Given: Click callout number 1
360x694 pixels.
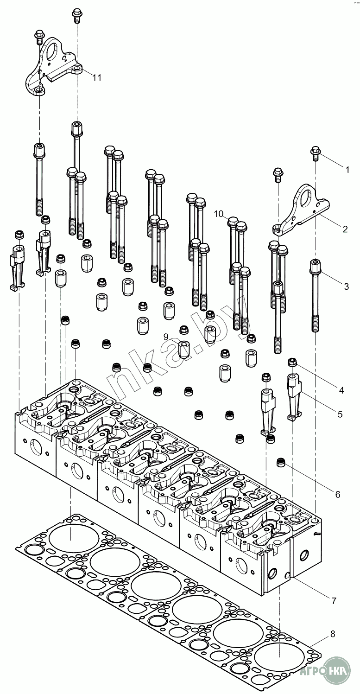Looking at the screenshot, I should click(347, 170).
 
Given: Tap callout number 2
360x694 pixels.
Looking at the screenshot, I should click(345, 229).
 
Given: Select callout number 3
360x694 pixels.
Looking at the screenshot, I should click(346, 286).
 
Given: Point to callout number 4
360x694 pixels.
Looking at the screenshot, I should click(341, 390).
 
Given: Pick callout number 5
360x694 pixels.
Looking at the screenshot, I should click(340, 414).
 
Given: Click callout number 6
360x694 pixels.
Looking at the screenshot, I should click(337, 494).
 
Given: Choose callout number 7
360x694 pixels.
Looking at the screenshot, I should click(334, 601).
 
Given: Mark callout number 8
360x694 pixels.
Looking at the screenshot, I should click(333, 634).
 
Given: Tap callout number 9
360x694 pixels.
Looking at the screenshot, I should click(166, 336).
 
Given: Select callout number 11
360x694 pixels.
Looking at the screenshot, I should click(96, 77).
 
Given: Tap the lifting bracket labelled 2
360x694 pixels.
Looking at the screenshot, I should click(300, 208).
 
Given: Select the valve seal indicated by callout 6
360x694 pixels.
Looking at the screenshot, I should click(281, 462).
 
